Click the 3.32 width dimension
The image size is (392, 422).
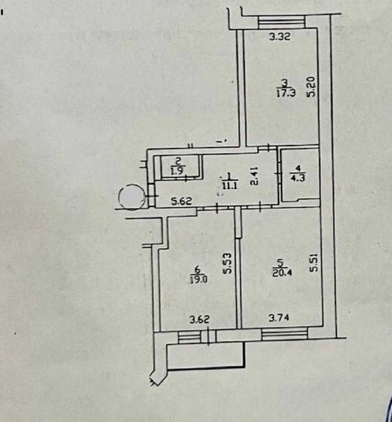[280, 36]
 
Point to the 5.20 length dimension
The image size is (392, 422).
[310, 86]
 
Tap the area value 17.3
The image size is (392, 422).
[286, 93]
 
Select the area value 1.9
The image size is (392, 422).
[178, 171]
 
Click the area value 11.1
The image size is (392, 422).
[230, 185]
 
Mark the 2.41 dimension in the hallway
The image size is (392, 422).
[254, 176]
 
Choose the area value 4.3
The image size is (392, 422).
[298, 177]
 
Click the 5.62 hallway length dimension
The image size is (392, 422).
[182, 201]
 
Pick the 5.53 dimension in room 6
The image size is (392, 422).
[227, 263]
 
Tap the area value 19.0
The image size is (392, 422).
[198, 280]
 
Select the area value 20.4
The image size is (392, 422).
[282, 273]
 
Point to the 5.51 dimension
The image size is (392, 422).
[314, 262]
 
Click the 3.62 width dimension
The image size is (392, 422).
[199, 320]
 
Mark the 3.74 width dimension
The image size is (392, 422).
[279, 318]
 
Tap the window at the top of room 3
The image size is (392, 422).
[281, 22]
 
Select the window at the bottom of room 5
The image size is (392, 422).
[284, 334]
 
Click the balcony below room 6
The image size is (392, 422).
[206, 356]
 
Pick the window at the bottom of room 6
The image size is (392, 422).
[190, 337]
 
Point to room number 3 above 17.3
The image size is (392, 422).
[285, 82]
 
